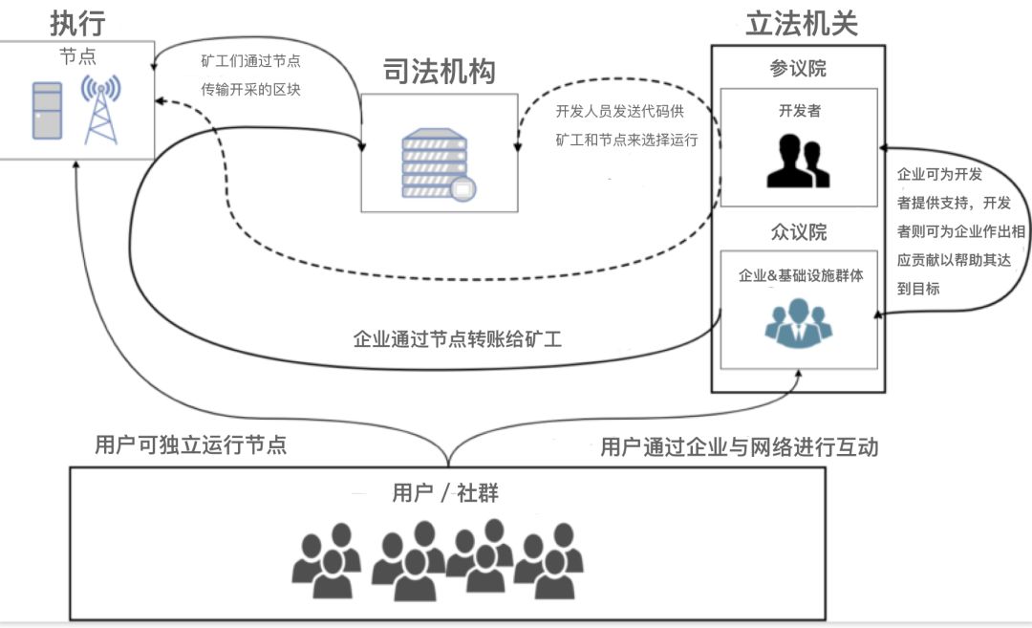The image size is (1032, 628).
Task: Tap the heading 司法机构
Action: pos(440,71)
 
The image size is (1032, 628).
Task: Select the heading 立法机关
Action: pos(801,22)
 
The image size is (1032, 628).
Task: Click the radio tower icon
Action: pos(100,109)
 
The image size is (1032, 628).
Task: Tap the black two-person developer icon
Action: pos(798,161)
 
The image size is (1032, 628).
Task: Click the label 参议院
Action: pos(798,69)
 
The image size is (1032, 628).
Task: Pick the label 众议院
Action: pos(798,232)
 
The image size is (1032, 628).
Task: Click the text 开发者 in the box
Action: pos(799,111)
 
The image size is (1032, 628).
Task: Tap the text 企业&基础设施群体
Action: pos(801,275)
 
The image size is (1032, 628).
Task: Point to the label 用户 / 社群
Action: pos(445,493)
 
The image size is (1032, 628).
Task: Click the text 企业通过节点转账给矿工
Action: pos(458,338)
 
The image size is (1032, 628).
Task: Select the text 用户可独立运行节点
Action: pos(190,444)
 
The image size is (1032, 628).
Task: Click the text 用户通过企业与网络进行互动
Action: pos(739,446)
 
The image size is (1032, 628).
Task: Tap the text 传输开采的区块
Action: pos(250,90)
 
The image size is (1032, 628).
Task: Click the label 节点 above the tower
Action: pos(77,56)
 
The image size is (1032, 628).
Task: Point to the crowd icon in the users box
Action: pos(439,563)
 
